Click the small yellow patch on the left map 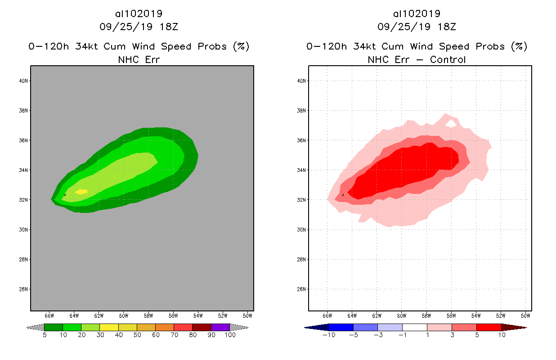[x=81, y=192]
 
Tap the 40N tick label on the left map [x=23, y=81]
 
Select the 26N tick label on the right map [x=301, y=289]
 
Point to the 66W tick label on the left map [x=49, y=315]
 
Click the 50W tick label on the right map [x=525, y=315]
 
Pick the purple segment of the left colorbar [x=220, y=327]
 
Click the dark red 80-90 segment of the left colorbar [x=202, y=327]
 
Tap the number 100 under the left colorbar [x=230, y=335]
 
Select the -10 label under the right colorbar [x=328, y=335]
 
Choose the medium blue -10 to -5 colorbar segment [x=341, y=327]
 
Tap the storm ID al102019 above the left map [x=139, y=14]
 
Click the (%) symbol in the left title [x=241, y=46]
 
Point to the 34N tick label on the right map [x=301, y=170]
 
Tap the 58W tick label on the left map [x=148, y=315]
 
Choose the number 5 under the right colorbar [x=476, y=335]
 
